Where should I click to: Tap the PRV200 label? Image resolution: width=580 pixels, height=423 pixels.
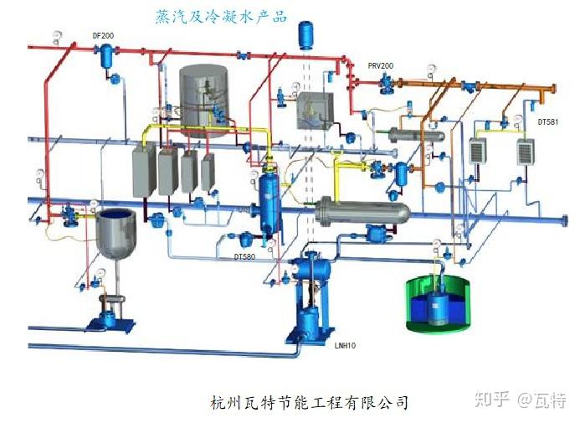(381, 64)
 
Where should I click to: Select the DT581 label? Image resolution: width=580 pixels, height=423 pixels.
(548, 121)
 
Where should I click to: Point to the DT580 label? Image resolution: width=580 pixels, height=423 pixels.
(244, 256)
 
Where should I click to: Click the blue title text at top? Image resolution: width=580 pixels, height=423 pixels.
(221, 16)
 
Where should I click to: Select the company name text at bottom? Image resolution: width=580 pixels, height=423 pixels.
(309, 402)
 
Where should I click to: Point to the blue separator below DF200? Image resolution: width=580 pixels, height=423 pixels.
(107, 56)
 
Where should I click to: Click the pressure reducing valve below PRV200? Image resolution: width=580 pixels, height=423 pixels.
(384, 83)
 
